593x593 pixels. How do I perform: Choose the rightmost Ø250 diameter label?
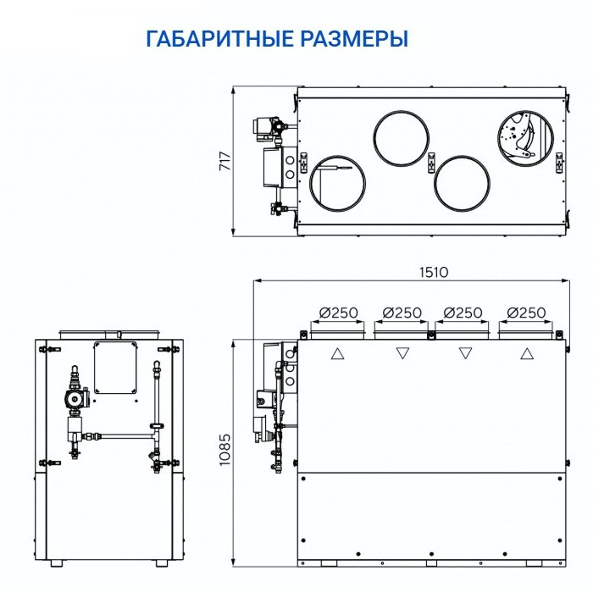tap(526, 313)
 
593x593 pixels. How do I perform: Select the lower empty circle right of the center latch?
tap(463, 183)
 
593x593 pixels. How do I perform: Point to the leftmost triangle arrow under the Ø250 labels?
tap(338, 353)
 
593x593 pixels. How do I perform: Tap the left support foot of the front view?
tap(56, 563)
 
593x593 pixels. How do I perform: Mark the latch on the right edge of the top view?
tap(559, 160)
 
